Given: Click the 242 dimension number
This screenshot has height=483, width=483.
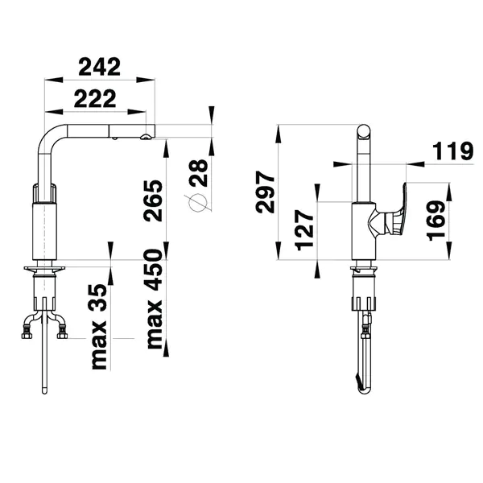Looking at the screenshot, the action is click(x=100, y=67).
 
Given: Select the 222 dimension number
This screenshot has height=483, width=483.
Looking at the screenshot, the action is click(x=95, y=98).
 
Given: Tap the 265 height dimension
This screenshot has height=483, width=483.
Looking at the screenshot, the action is click(x=153, y=200).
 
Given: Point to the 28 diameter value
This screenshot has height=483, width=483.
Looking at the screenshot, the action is click(x=200, y=173).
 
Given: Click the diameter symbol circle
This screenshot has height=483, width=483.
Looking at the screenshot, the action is click(x=197, y=203).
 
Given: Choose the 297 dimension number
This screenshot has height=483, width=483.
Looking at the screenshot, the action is click(x=265, y=192).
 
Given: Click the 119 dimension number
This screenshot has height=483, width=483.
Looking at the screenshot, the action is click(x=452, y=151).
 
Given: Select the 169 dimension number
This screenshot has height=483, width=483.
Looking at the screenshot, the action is click(x=436, y=221).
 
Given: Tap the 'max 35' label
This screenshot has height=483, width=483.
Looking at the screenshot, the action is click(x=100, y=327).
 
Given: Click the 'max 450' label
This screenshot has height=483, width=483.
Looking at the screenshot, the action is click(x=155, y=299).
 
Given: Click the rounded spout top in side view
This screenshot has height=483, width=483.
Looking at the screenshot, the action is click(x=364, y=131).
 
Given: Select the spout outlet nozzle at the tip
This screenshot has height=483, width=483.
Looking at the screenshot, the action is click(x=146, y=137).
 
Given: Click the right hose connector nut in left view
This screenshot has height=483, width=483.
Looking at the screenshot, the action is click(x=63, y=335).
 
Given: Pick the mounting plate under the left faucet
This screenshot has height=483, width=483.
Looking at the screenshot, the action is click(x=44, y=269).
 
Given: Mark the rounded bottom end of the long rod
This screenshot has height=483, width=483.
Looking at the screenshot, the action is click(x=44, y=391).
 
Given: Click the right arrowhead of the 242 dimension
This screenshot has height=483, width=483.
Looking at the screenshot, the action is click(x=146, y=80).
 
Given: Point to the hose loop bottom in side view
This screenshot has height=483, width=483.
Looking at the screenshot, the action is click(x=364, y=391).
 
